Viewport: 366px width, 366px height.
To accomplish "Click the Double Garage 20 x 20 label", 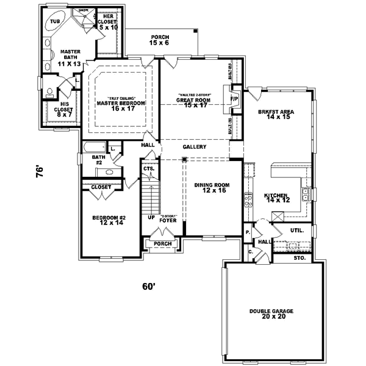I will coord(271,314).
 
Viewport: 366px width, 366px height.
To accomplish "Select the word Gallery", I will coord(194,147).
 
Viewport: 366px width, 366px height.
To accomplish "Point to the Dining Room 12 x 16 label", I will coord(210,188).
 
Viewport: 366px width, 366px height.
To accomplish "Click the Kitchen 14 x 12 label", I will coord(276,198).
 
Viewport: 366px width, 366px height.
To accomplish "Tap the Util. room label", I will coord(297,231).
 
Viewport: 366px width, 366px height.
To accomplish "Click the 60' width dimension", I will coord(150,285).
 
